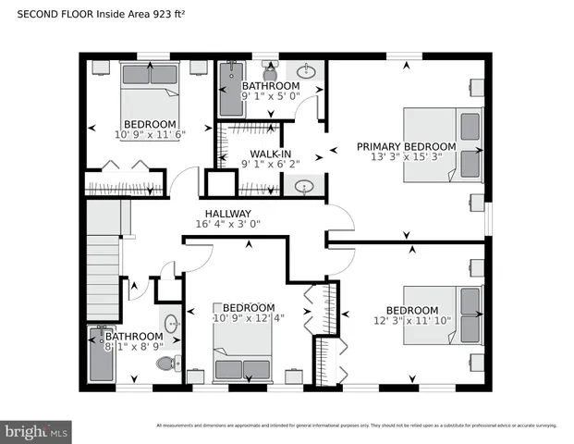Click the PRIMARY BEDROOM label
(x=406, y=146)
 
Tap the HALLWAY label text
(x=227, y=213)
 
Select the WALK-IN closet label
(x=272, y=154)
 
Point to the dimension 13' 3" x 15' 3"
(x=407, y=157)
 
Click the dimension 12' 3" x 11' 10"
(x=411, y=321)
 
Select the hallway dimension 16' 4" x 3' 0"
(x=227, y=224)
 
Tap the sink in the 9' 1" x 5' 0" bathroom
(x=309, y=71)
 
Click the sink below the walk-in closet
(x=306, y=187)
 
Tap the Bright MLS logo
(x=37, y=431)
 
